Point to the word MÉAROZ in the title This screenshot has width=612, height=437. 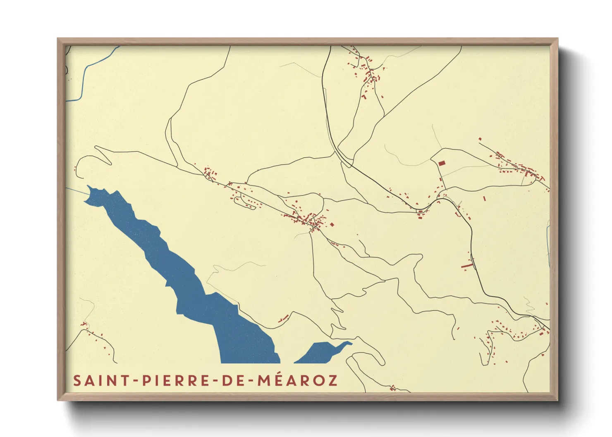297,380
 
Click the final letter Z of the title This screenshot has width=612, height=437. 332,380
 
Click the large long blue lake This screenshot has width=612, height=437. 186,281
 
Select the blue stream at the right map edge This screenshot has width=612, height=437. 548,244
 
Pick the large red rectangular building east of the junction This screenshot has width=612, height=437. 442,163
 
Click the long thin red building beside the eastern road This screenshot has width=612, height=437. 467,265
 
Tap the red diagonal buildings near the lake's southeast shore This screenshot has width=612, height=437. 283,318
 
